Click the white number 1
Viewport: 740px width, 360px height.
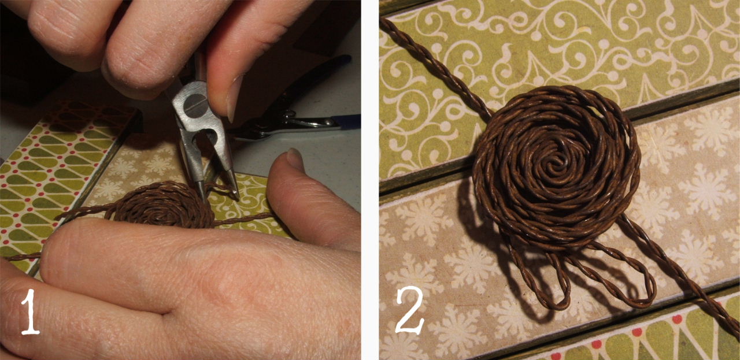pos(31,311)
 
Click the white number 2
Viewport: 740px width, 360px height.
pos(410,310)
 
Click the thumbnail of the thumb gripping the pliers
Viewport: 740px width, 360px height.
pos(235,99)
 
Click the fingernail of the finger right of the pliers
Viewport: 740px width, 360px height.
pos(295,158)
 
